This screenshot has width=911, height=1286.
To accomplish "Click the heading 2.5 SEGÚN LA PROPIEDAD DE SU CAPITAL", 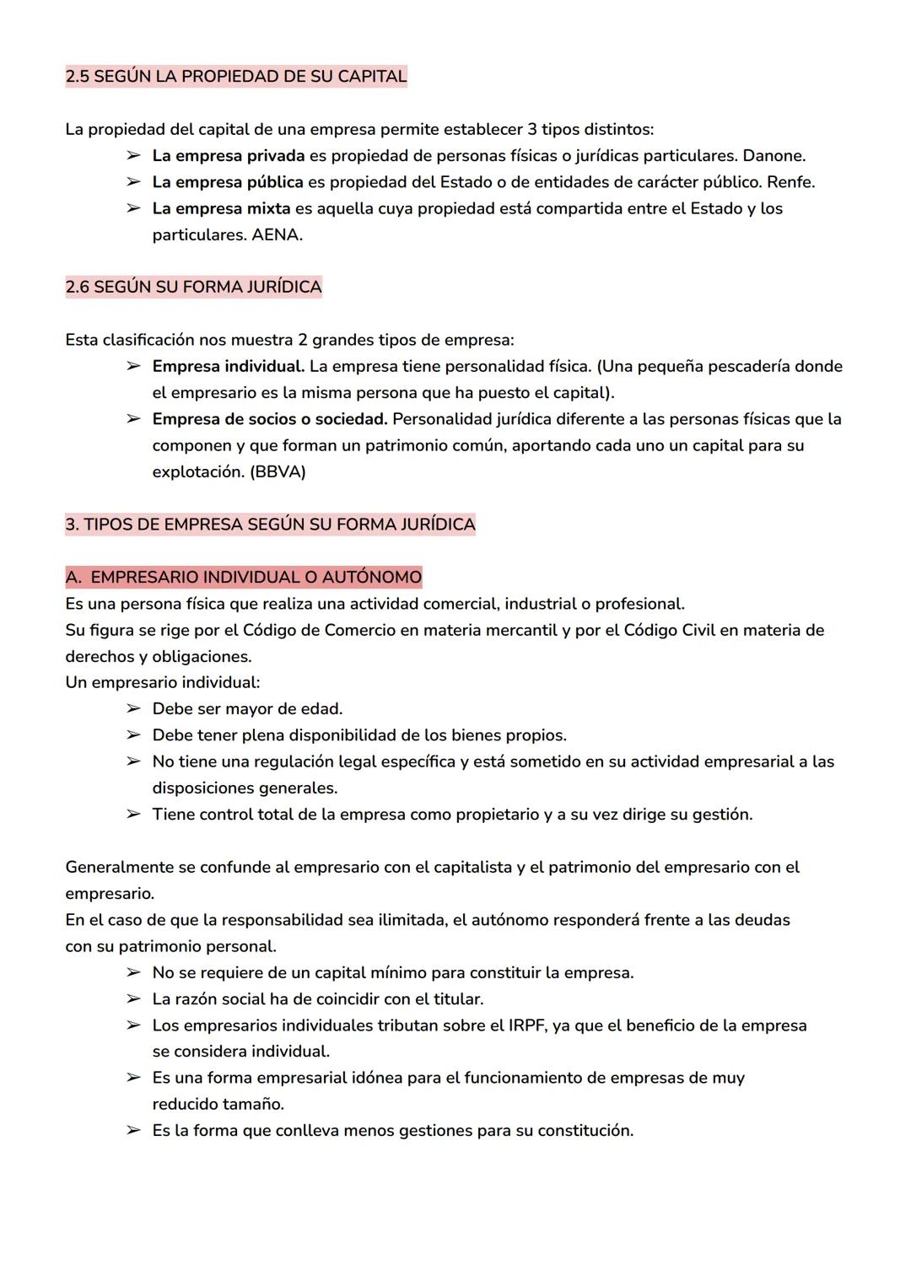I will pyautogui.click(x=236, y=76).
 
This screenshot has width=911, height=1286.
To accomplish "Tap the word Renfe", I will pyautogui.click(x=790, y=182).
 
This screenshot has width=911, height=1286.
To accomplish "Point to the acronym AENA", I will pyautogui.click(x=277, y=235).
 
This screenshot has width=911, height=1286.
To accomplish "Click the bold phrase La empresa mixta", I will pyautogui.click(x=221, y=208).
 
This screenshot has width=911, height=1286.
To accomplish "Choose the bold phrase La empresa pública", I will pyautogui.click(x=228, y=182).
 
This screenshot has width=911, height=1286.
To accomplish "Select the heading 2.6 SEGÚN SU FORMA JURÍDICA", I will pyautogui.click(x=193, y=287).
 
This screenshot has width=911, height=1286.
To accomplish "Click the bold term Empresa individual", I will pyautogui.click(x=228, y=366).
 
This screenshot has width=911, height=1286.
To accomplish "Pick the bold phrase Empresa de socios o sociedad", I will pyautogui.click(x=269, y=419).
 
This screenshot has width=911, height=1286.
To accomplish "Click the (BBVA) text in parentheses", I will pyautogui.click(x=278, y=472).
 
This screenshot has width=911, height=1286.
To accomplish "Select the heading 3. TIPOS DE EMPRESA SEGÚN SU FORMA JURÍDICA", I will pyautogui.click(x=270, y=525).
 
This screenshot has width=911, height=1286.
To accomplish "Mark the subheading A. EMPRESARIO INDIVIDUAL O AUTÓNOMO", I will pyautogui.click(x=243, y=578).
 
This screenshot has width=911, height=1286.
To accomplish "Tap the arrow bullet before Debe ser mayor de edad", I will pyautogui.click(x=133, y=709).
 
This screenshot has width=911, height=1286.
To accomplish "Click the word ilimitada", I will pyautogui.click(x=407, y=920).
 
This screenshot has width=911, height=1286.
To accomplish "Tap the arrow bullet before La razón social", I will pyautogui.click(x=133, y=999).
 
